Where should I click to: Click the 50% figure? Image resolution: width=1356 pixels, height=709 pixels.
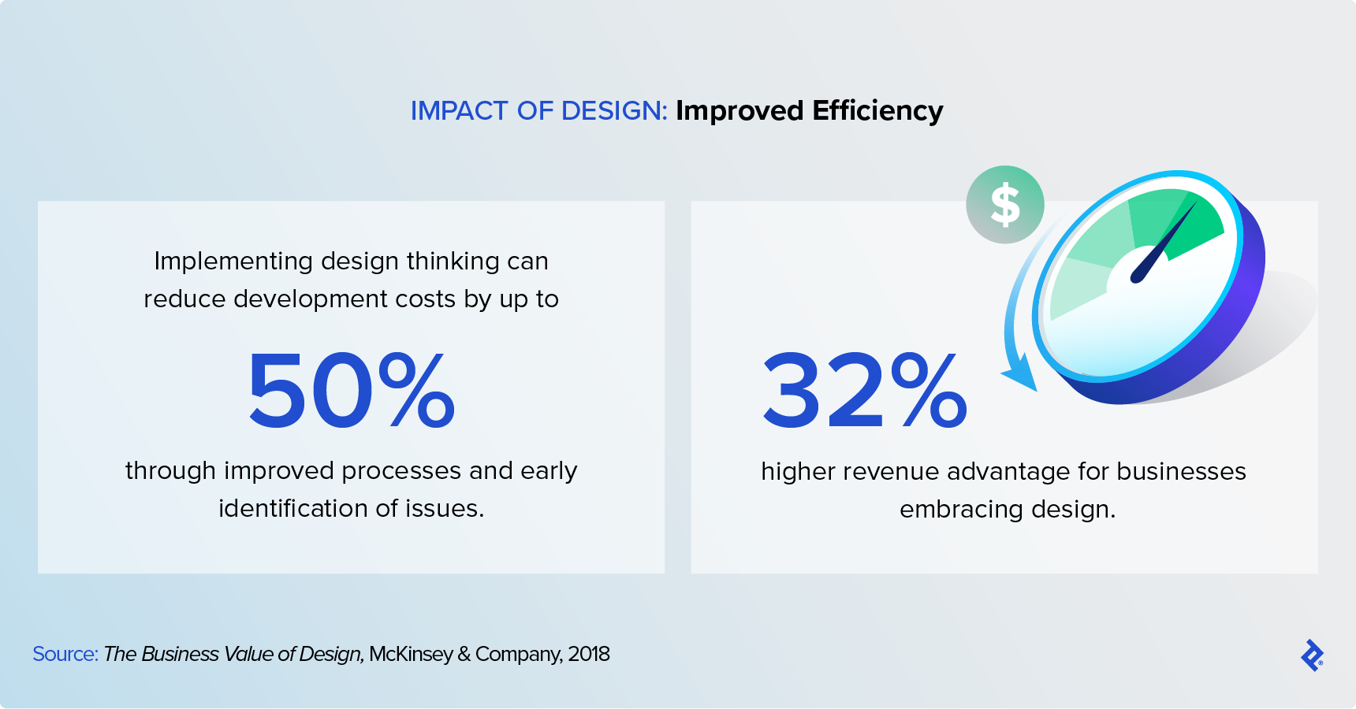tap(352, 391)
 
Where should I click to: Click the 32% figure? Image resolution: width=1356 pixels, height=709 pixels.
tap(864, 391)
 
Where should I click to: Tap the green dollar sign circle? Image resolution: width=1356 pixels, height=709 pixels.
tap(1005, 205)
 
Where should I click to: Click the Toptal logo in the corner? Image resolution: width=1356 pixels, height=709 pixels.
tap(1312, 655)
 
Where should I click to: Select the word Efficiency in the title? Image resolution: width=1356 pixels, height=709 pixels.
tap(877, 111)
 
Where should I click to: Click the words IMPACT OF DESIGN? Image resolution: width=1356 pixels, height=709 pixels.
tap(538, 111)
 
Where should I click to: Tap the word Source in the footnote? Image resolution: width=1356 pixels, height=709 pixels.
tap(64, 655)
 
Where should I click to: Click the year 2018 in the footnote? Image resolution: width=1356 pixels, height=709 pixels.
tap(588, 655)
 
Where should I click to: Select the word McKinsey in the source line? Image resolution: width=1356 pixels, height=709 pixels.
tap(411, 655)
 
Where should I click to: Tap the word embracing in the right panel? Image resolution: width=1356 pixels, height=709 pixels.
tap(961, 510)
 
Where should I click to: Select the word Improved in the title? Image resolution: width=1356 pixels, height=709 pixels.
tap(739, 111)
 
